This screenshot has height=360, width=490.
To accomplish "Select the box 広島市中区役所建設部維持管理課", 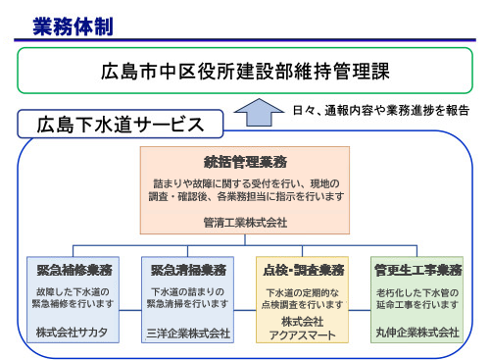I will (x=245, y=72).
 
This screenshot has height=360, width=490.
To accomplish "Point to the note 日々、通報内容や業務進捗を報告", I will (x=381, y=110).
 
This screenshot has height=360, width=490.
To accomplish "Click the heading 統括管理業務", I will (x=245, y=161).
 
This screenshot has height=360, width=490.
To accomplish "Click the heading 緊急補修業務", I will (x=74, y=269).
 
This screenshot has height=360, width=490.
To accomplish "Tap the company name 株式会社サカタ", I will (x=74, y=333).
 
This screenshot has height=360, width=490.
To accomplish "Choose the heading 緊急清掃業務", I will (x=189, y=269).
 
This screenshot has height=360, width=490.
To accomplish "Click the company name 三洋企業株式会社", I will (x=189, y=334).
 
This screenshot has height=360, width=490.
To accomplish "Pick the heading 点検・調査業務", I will (x=302, y=269).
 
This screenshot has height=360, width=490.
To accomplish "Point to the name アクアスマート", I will (x=302, y=334).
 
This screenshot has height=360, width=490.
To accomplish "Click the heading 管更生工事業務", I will (x=416, y=269).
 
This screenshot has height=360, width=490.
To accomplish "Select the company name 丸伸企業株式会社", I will (x=416, y=334).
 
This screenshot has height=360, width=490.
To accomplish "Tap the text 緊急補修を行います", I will (x=74, y=304).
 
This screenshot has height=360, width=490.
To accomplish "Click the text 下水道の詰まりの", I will (x=189, y=291).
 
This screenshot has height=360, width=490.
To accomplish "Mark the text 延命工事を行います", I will (x=416, y=304).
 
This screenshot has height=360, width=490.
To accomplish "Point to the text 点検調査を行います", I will (x=302, y=305).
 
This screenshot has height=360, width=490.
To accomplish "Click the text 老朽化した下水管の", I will (x=416, y=291).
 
